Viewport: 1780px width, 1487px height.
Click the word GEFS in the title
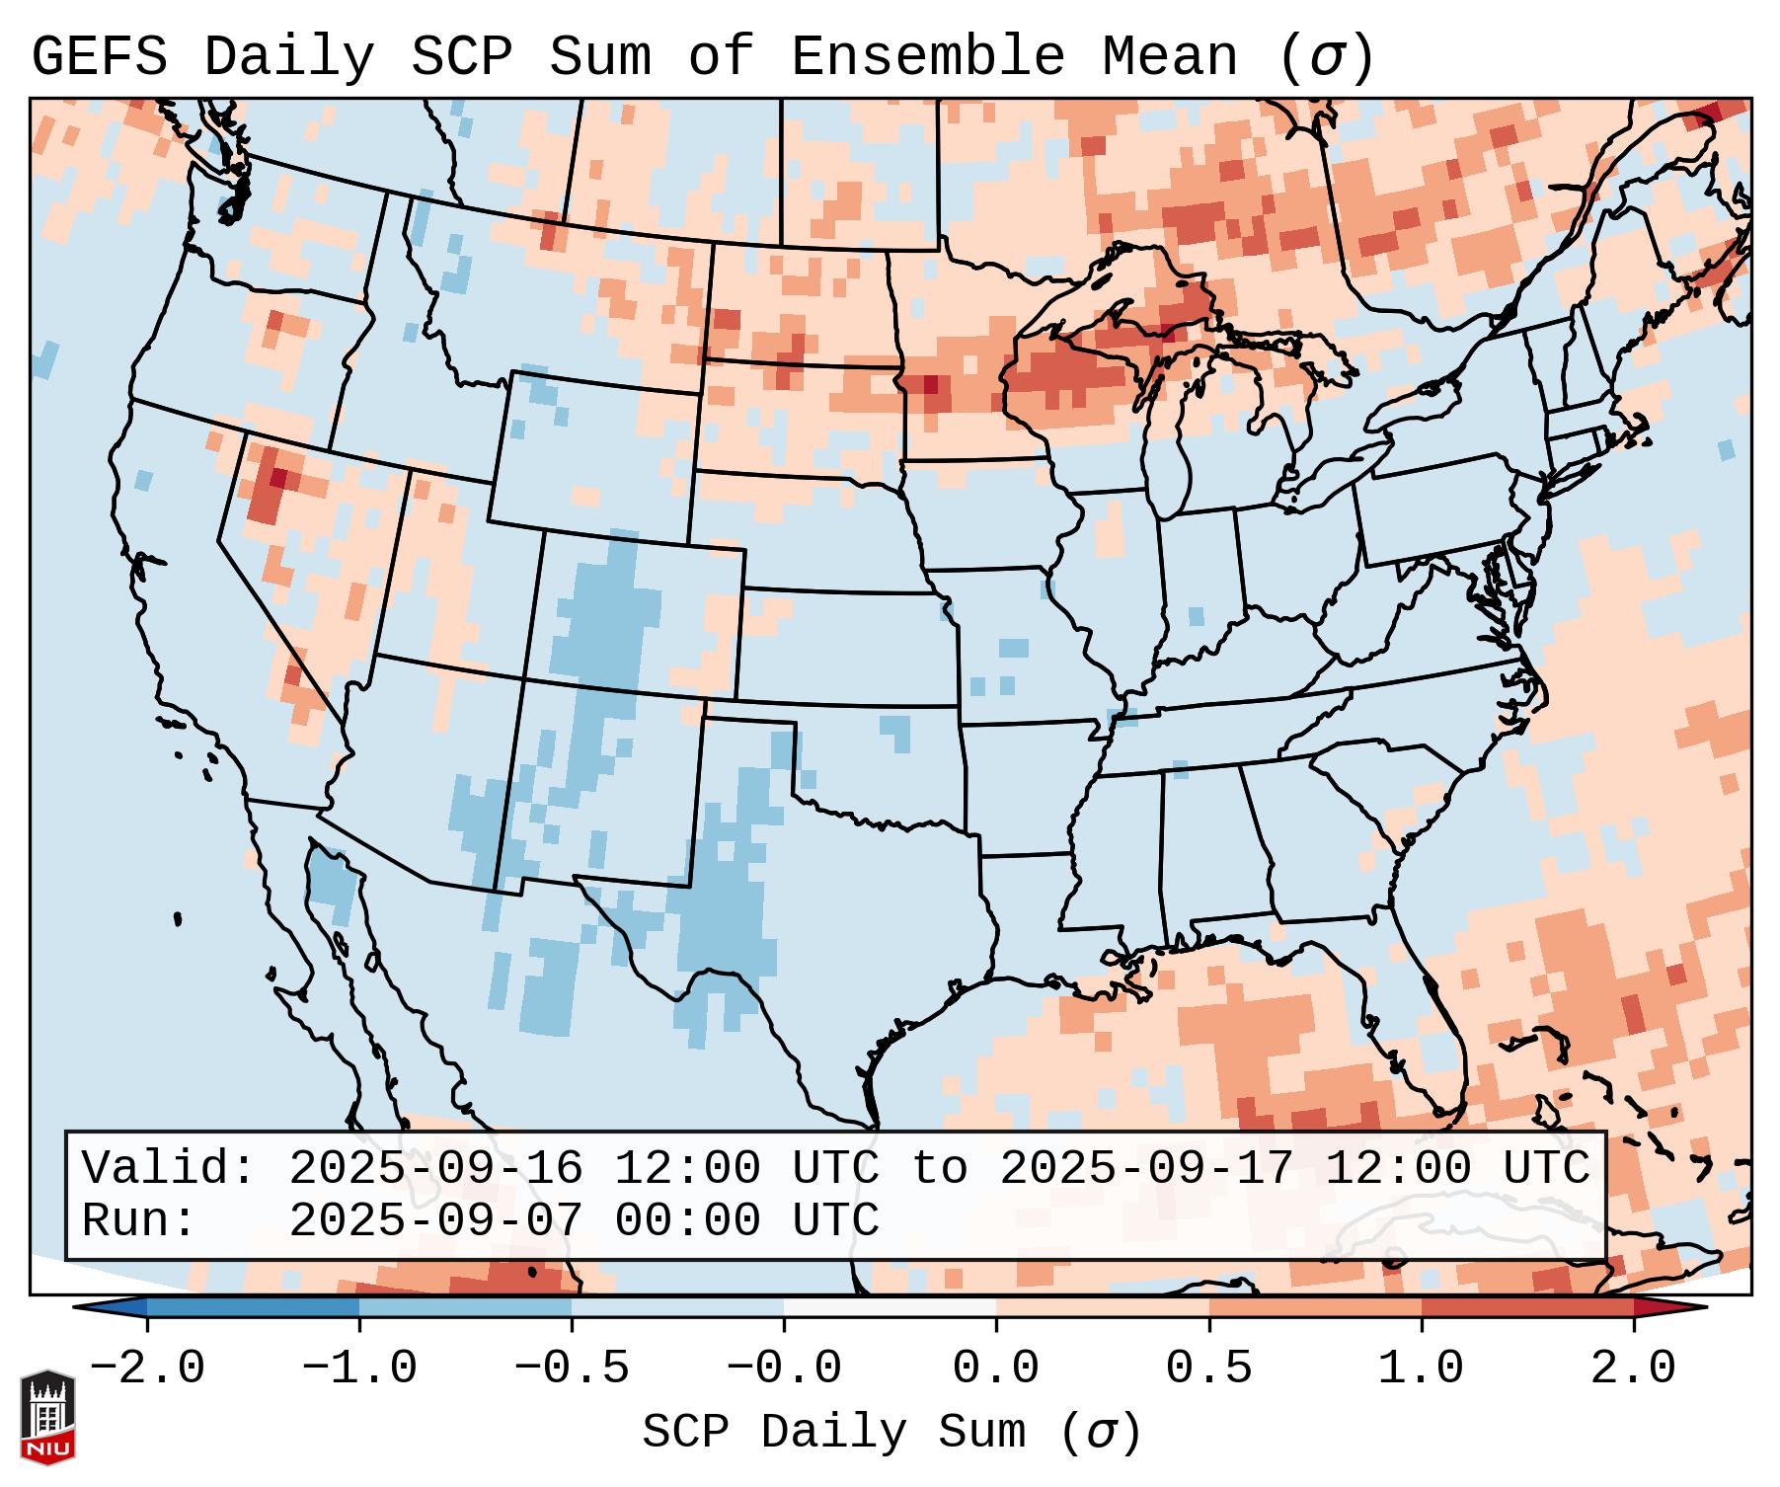(x=99, y=57)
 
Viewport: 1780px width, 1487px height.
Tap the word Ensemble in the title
(x=927, y=57)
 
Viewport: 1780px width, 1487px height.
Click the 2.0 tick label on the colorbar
(x=1633, y=1369)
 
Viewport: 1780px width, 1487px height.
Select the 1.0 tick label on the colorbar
(x=1421, y=1369)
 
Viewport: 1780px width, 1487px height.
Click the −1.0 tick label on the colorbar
(x=358, y=1369)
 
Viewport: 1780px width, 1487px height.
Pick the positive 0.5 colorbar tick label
(x=1208, y=1369)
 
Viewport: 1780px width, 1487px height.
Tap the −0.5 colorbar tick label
(x=571, y=1369)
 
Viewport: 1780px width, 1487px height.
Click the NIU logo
(x=47, y=1417)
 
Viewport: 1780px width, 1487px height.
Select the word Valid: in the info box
(x=168, y=1168)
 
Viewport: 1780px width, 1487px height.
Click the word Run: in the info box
(x=138, y=1220)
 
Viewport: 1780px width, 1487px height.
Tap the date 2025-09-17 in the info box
(x=1146, y=1168)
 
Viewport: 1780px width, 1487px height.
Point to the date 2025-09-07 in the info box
(x=435, y=1220)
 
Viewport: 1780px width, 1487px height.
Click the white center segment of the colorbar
(x=890, y=1307)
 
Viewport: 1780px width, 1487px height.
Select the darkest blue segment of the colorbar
(x=253, y=1307)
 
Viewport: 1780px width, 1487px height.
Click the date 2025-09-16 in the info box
(x=435, y=1168)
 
